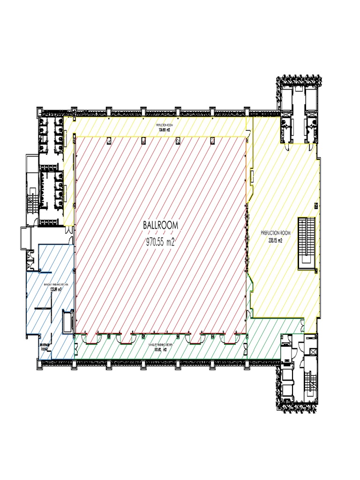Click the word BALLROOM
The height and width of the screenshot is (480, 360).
[x=161, y=225]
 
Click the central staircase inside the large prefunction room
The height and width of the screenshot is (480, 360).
[x=307, y=243]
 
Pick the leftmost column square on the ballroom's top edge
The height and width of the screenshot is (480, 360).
[x=109, y=140]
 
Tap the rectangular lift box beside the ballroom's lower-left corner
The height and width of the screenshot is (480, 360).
[x=68, y=322]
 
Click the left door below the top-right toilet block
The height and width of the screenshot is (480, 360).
[x=284, y=135]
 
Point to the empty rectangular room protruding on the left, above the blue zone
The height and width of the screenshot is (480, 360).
[x=25, y=238]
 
